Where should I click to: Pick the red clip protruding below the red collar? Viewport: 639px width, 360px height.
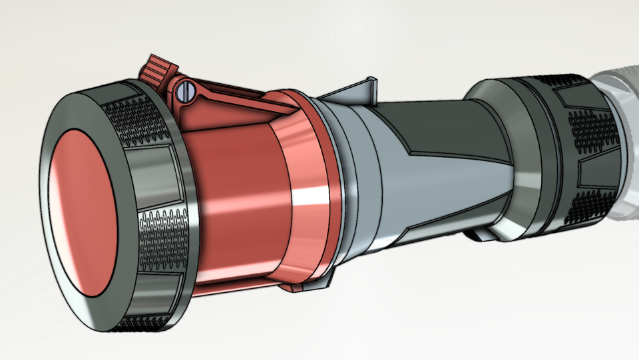coord(303,287)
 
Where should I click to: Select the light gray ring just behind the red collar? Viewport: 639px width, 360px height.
coord(353,180)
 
